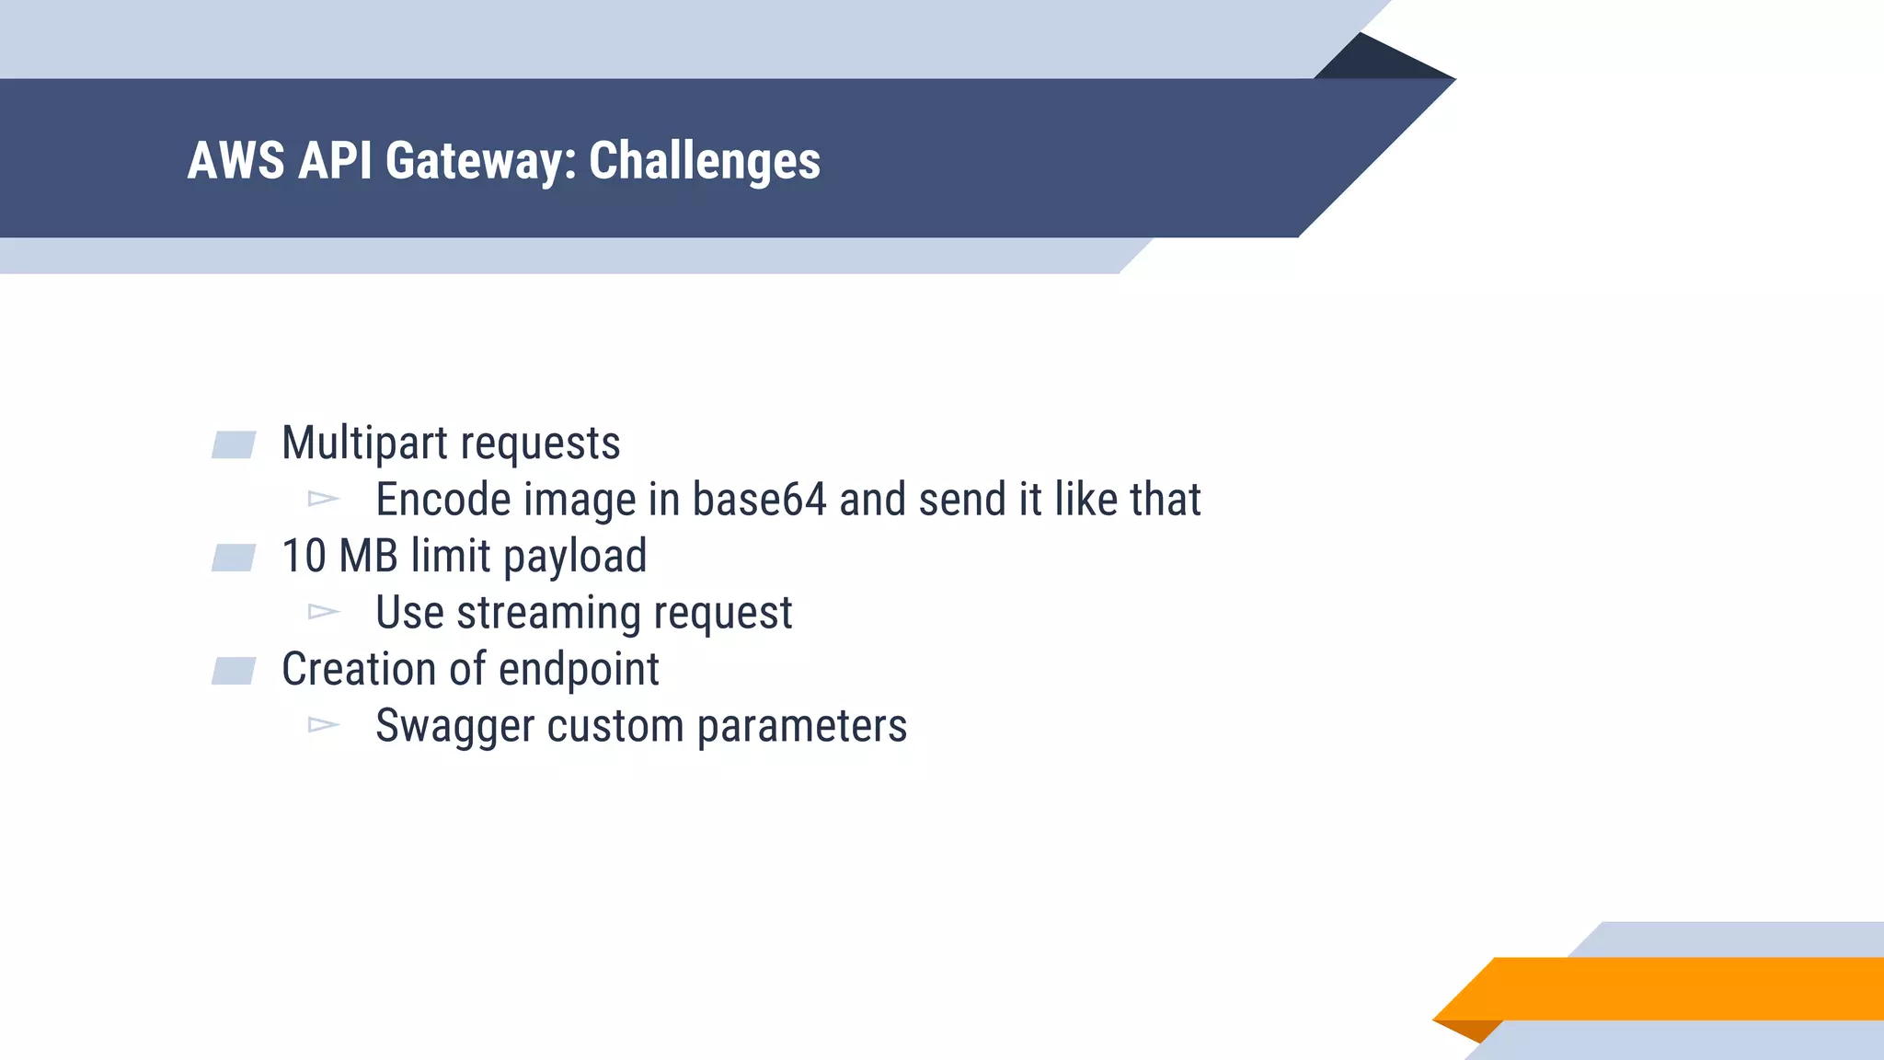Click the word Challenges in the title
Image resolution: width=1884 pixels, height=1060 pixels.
[x=704, y=161]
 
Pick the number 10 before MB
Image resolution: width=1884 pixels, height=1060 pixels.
[x=304, y=556]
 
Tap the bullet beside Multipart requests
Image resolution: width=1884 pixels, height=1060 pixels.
[x=234, y=445]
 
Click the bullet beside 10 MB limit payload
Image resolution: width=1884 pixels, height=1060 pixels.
[x=234, y=558]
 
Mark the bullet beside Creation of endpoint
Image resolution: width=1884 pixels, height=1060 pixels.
[x=234, y=671]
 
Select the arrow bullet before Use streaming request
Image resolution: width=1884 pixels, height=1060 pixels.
[x=324, y=612]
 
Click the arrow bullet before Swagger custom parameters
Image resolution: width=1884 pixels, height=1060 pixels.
[x=324, y=725]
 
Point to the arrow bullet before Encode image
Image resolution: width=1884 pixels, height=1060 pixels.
[x=324, y=499]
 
